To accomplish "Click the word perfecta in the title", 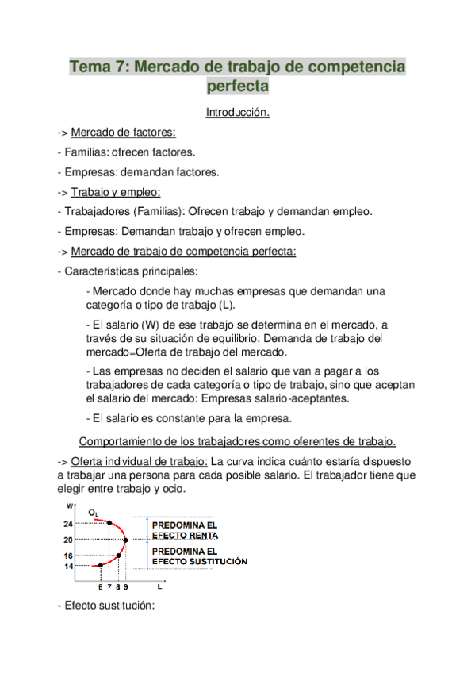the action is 237,86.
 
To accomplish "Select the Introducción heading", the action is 237,113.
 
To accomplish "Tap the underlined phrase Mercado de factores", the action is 124,132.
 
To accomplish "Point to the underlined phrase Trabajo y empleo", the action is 116,192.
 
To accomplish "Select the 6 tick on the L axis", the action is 101,587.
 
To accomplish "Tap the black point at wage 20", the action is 126,540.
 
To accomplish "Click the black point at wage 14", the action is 101,565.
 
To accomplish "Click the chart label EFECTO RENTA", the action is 184,536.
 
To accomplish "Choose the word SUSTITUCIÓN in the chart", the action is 215,561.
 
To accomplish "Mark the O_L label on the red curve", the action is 94,514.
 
